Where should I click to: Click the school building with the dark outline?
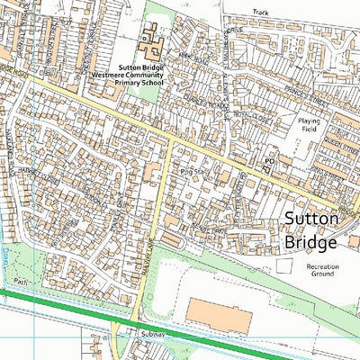click(x=152, y=39)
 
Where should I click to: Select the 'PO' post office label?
click(x=268, y=161)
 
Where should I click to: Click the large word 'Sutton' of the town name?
click(x=311, y=219)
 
